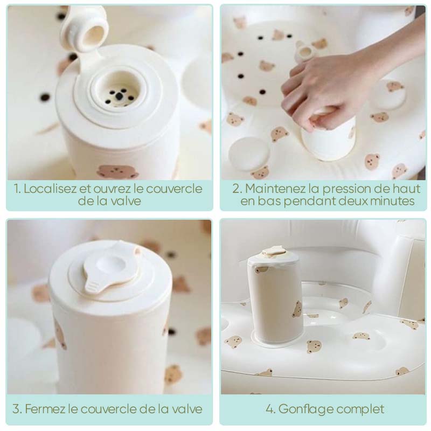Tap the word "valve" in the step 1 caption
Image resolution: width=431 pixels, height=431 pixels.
coord(126,201)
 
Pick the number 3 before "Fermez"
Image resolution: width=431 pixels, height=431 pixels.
coord(17,409)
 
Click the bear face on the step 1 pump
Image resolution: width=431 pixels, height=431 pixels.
coord(118,172)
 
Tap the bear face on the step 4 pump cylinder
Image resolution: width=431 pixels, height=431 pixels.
coord(297,310)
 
